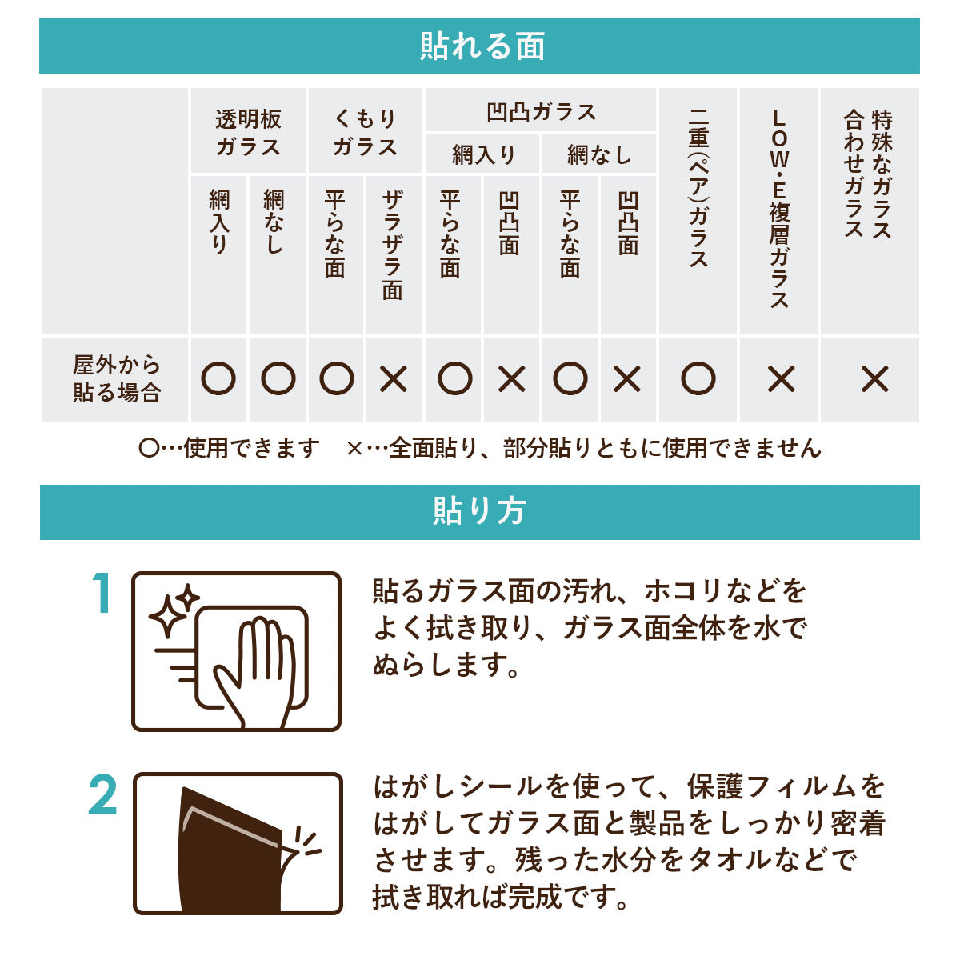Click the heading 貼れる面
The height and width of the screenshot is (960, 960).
click(482, 46)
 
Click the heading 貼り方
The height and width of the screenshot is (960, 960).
click(479, 511)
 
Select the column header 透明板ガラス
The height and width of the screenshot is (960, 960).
click(248, 133)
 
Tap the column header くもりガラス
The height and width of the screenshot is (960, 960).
click(365, 133)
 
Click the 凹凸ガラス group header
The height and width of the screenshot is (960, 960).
click(541, 112)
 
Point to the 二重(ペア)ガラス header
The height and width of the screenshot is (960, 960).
click(698, 188)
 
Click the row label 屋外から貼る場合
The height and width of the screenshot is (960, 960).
click(117, 379)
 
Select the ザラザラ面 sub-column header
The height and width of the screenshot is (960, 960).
click(393, 245)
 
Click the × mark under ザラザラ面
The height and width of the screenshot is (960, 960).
click(394, 380)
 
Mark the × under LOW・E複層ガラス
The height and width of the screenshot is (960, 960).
click(781, 380)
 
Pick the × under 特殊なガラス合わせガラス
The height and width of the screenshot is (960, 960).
click(875, 380)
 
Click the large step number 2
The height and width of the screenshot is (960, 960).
click(102, 796)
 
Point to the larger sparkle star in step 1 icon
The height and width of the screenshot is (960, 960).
click(167, 617)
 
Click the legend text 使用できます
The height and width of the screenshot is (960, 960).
click(251, 448)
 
